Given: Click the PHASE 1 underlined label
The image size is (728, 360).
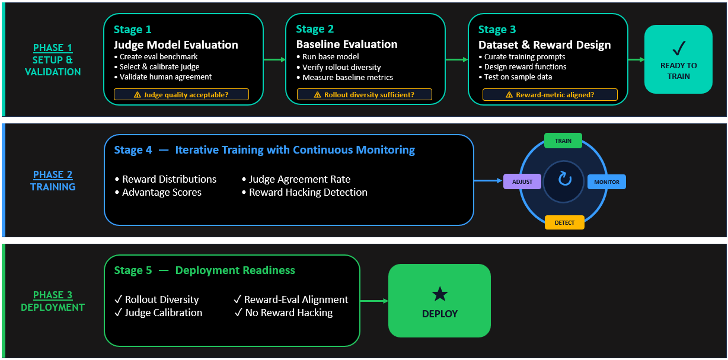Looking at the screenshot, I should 52,47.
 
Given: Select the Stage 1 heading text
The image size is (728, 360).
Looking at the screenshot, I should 132,29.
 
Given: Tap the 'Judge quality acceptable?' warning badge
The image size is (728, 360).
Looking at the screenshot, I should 181,94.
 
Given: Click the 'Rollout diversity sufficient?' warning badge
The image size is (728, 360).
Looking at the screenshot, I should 364,94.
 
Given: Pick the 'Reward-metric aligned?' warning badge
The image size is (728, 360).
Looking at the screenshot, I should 550,94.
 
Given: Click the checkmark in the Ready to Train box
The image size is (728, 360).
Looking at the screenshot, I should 678,48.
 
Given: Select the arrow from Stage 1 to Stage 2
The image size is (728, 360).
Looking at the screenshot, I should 274,59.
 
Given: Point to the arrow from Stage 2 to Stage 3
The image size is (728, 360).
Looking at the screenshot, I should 457,59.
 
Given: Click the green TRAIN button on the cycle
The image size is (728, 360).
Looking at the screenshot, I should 563,141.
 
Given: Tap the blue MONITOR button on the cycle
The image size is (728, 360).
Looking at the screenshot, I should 606,182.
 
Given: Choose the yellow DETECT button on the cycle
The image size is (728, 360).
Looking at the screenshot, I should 564,222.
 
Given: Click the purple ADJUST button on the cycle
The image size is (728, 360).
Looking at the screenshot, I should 522,181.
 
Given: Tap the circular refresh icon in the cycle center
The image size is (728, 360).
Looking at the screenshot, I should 564,179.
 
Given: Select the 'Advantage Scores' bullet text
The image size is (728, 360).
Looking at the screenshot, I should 162,192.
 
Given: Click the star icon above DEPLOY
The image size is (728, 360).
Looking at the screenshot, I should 439,294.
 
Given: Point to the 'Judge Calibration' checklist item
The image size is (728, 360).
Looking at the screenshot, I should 163,313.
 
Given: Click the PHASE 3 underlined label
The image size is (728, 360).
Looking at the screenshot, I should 52,295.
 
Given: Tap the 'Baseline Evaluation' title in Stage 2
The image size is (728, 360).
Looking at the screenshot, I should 347,44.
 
